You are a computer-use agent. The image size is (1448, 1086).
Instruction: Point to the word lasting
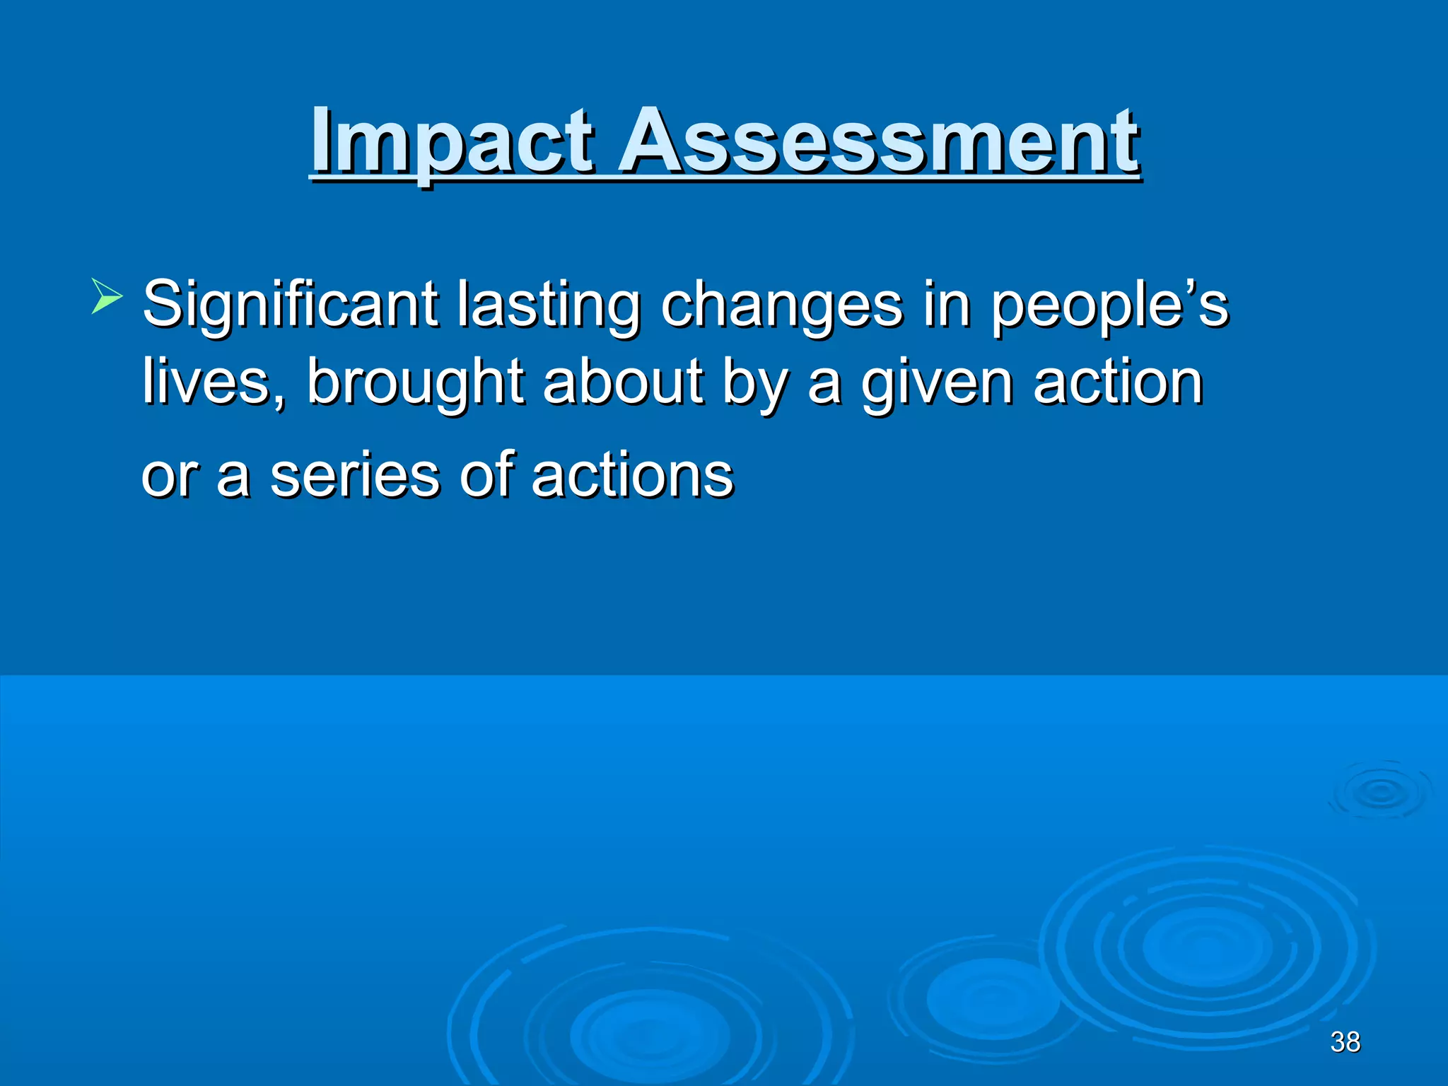(549, 305)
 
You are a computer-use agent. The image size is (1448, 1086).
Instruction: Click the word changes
(781, 305)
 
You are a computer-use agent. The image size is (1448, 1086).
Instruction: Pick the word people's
(1109, 305)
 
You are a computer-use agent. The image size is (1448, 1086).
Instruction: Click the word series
(355, 475)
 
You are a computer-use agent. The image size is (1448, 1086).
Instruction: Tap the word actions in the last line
(632, 475)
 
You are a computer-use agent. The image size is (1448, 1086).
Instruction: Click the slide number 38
(1345, 1042)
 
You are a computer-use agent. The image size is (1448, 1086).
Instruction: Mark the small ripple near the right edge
(1380, 792)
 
